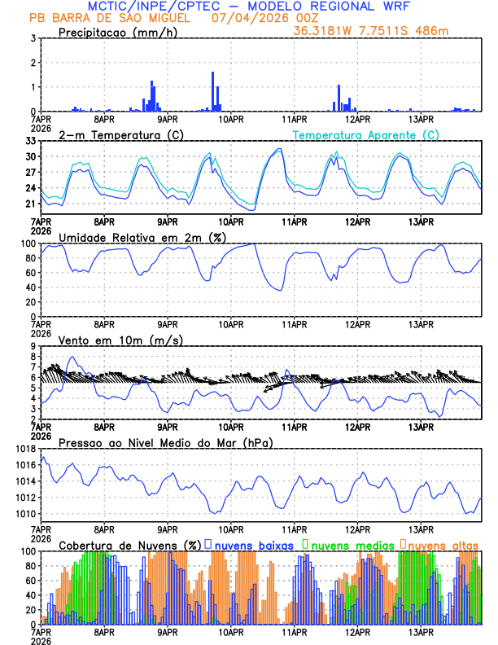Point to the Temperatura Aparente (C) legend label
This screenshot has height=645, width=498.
pyautogui.click(x=365, y=134)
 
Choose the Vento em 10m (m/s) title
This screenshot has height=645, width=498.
pyautogui.click(x=120, y=340)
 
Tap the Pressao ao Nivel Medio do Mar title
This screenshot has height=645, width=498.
pyautogui.click(x=165, y=442)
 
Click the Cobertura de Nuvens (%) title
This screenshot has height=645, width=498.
pyautogui.click(x=129, y=545)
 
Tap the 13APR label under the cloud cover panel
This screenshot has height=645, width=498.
pyautogui.click(x=420, y=631)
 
